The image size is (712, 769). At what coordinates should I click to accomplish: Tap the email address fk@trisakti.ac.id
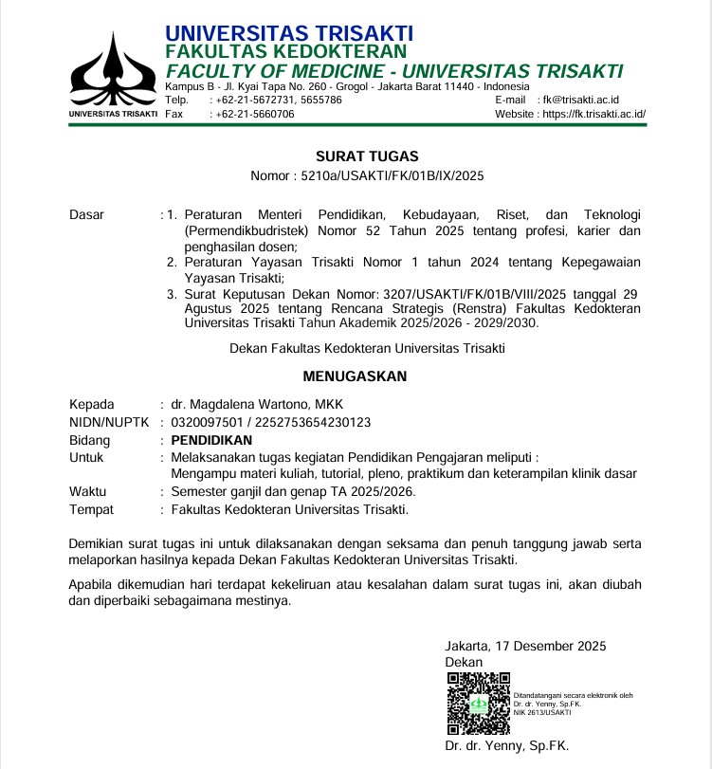tap(580, 100)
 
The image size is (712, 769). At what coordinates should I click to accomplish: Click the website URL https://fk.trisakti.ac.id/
tap(593, 114)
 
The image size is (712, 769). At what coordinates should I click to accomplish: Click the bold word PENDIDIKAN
tap(211, 440)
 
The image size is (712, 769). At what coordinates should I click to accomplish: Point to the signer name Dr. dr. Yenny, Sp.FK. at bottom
tap(506, 746)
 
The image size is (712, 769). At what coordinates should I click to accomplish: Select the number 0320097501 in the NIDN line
tap(207, 422)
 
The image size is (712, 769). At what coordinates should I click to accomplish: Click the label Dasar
tap(87, 215)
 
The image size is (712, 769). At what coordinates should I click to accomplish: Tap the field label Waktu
tap(88, 492)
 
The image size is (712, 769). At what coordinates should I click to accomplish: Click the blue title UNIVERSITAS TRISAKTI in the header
tap(289, 34)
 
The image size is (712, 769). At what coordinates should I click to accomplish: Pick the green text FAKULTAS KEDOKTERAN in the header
tap(286, 51)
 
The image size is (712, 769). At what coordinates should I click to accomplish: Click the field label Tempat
tap(92, 509)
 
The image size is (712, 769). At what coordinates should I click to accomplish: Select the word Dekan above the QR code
tap(464, 662)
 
